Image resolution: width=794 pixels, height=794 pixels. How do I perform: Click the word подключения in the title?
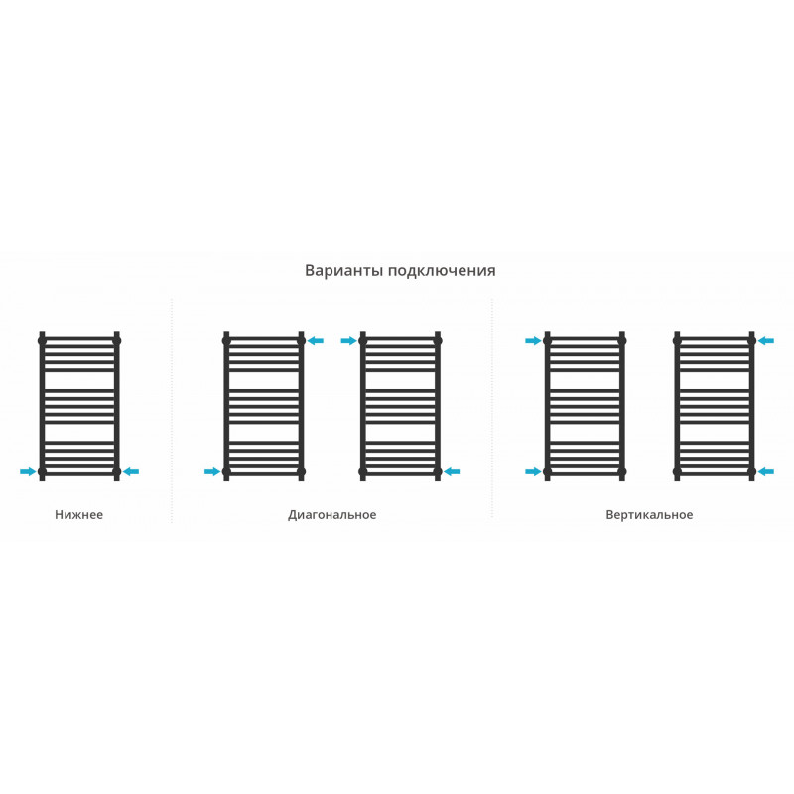tap(442, 271)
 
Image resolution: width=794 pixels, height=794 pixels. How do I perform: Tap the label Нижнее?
tap(79, 514)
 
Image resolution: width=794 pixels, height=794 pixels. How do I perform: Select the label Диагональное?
tap(332, 515)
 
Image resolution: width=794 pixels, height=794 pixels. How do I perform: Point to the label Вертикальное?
tap(649, 515)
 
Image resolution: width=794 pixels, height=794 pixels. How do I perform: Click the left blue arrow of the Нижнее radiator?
tap(28, 472)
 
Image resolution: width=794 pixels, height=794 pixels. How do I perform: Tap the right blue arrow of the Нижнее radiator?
tap(131, 472)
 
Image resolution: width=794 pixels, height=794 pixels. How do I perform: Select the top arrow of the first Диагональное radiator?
tap(316, 341)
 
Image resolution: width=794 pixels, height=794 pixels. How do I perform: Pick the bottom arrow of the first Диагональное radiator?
tap(212, 472)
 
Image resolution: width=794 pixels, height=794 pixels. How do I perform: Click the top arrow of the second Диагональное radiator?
tap(349, 341)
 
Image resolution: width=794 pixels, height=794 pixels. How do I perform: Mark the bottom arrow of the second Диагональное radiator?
tap(452, 472)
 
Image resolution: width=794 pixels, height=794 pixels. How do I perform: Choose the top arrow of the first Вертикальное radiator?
tap(533, 341)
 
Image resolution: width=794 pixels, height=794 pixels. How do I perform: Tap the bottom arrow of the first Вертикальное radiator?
tap(533, 472)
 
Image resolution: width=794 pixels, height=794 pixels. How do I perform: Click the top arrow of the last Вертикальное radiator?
tap(765, 341)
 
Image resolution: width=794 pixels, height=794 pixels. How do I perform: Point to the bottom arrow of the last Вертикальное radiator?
tap(765, 472)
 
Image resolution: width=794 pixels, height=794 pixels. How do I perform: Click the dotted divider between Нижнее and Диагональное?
tap(172, 410)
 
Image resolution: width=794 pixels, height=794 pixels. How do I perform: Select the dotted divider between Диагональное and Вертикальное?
tap(491, 408)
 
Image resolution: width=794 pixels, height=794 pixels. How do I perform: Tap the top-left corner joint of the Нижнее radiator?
tap(42, 341)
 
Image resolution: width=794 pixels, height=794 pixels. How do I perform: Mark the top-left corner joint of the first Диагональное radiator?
tap(226, 341)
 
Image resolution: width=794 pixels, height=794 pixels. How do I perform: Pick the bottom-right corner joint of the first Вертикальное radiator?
tap(622, 472)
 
